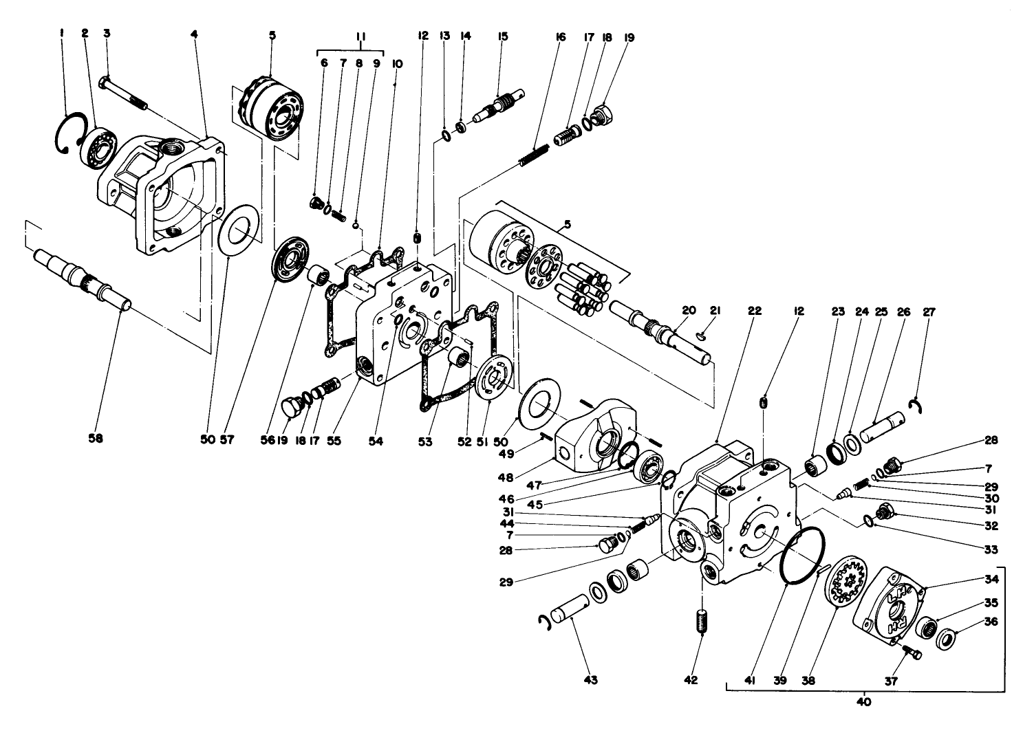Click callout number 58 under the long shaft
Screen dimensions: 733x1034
click(x=95, y=438)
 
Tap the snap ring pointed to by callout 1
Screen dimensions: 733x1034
click(x=69, y=135)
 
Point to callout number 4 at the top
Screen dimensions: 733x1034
click(x=195, y=33)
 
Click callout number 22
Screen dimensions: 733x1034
click(x=755, y=311)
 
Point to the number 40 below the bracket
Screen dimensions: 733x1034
click(x=864, y=702)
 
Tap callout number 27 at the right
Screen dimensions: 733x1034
click(x=929, y=311)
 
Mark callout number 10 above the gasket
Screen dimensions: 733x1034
click(x=397, y=63)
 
